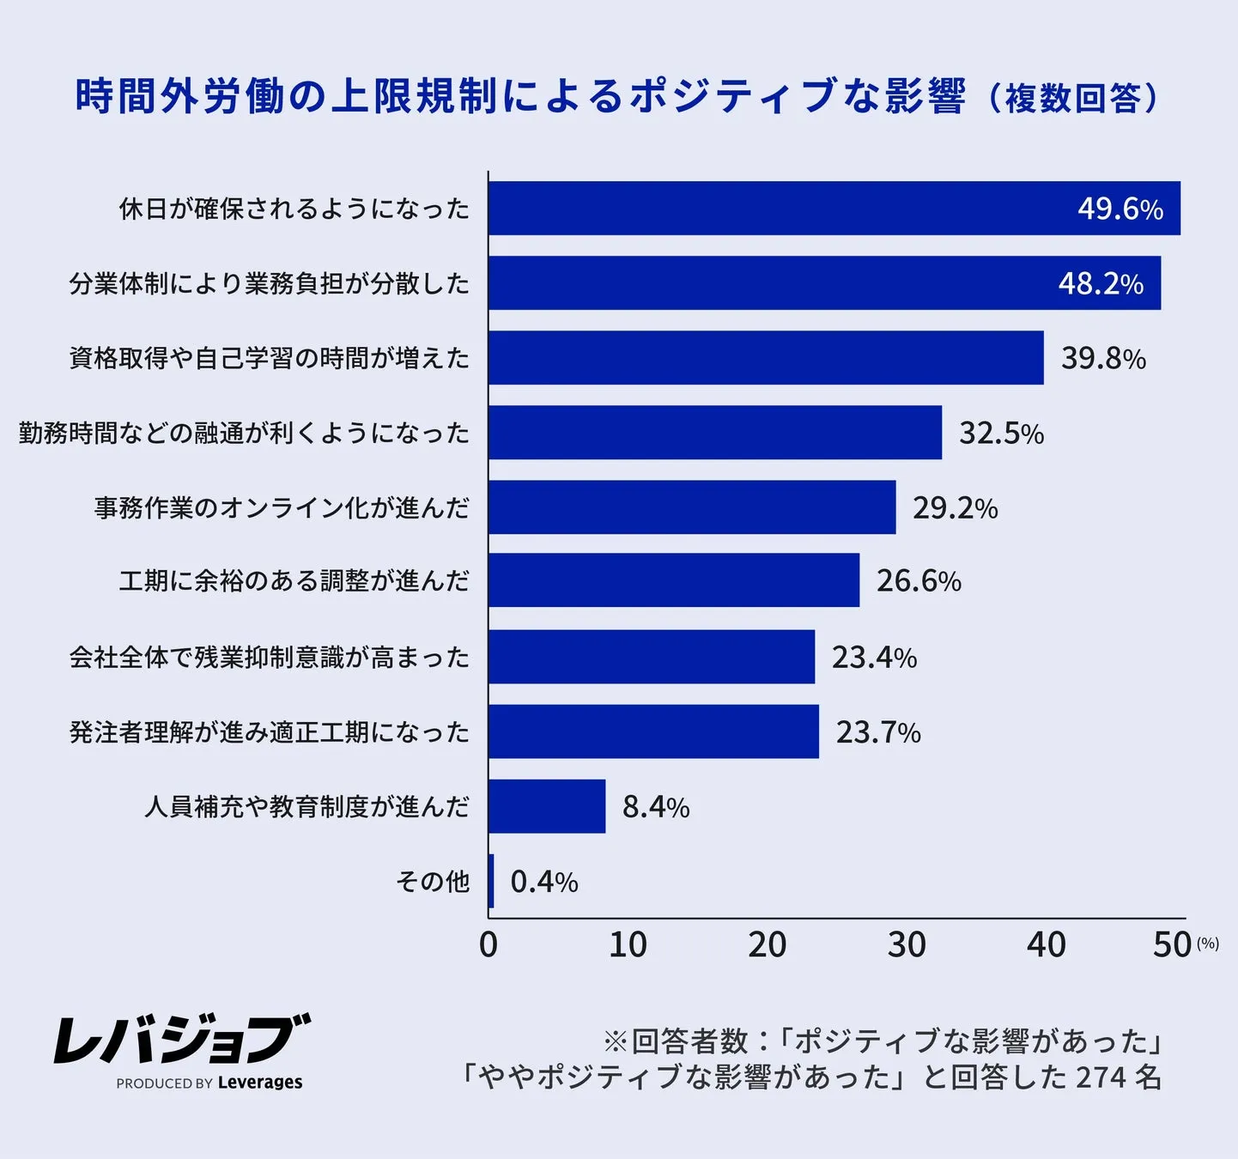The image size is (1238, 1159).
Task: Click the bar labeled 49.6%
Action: coord(833,209)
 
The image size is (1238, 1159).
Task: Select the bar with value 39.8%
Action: coord(766,358)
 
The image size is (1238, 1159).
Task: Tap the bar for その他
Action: coord(491,881)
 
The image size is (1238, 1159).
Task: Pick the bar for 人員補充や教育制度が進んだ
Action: coord(547,806)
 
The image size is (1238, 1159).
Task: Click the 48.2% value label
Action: coord(1101,283)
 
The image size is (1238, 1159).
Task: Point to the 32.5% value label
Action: coord(1001,434)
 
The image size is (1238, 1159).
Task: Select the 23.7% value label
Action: coord(878,732)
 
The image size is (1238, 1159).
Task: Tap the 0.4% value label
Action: coord(544,882)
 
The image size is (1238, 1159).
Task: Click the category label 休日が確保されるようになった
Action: coord(294,209)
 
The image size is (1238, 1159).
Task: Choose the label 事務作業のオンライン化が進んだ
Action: coord(282,507)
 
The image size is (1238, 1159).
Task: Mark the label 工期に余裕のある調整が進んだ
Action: coord(294,581)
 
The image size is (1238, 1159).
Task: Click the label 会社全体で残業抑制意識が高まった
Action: coord(270,658)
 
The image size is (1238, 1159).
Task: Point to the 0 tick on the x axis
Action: coord(489,945)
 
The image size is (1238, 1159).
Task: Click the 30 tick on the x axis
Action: coord(907,945)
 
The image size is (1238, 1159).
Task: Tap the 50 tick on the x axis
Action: coord(1172,945)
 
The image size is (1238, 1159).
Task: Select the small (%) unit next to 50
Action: coord(1208,944)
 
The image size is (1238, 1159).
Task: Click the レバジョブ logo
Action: coord(181,1039)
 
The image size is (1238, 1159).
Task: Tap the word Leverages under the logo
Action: coord(260,1083)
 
